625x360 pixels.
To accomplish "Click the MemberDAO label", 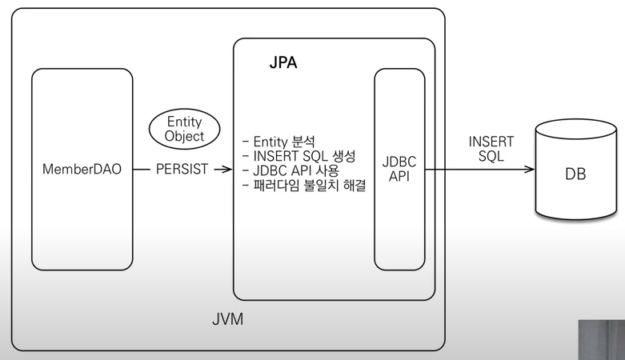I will coord(82,170).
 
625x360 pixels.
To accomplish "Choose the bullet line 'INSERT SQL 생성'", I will coord(298,155).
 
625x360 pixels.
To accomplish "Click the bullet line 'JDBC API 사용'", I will coord(290,170).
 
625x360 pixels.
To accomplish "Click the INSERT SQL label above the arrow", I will coord(491,149).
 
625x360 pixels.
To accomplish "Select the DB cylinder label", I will coord(575,173).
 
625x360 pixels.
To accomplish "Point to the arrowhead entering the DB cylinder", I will coord(529,170).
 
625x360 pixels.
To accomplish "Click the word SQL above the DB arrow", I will coord(491,156).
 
